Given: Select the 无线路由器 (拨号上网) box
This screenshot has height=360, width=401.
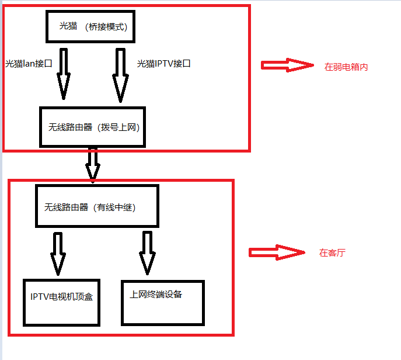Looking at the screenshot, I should tap(92, 127).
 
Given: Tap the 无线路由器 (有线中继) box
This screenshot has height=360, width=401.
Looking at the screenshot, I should tap(97, 206).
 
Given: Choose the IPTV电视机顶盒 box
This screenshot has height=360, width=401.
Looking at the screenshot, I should tap(62, 301).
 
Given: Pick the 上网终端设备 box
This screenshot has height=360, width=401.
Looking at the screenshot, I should tap(163, 303).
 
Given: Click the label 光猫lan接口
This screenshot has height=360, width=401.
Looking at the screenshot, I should tap(29, 64).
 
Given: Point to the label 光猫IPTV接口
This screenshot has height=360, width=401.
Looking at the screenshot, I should tap(164, 64).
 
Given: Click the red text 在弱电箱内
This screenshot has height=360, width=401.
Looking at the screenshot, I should tap(346, 67).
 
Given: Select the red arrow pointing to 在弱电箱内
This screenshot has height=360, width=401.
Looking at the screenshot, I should tap(287, 65).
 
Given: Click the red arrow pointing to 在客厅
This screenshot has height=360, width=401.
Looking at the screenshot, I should tap(277, 252).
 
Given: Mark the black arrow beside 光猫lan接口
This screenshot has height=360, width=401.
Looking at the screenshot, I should tap(64, 73).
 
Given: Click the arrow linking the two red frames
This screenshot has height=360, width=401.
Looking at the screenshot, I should tap(92, 164).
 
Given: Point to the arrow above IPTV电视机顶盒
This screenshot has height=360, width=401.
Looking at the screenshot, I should tap(58, 252).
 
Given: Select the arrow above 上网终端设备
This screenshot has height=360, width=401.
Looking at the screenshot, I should tap(147, 252).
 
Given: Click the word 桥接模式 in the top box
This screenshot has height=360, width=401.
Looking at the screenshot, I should tap(106, 27).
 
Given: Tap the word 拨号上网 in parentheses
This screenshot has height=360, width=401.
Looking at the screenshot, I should tap(120, 127).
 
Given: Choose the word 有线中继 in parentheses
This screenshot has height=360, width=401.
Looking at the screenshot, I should tap(116, 207).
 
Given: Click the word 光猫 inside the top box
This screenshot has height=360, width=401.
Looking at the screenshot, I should tap(68, 26).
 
